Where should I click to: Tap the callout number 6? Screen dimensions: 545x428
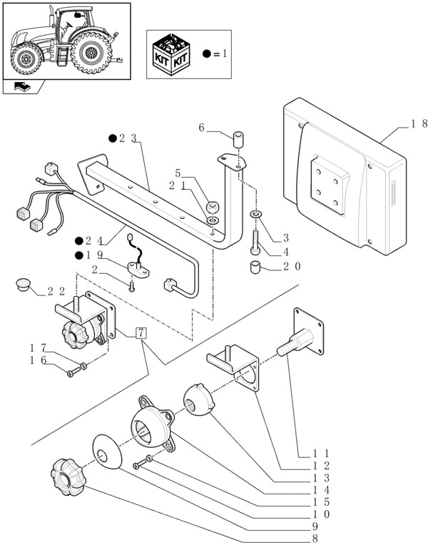(x=202, y=128)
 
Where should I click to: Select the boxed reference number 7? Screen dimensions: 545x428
(x=141, y=332)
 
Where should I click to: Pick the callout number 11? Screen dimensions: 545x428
(x=320, y=453)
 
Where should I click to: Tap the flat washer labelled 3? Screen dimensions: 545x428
(x=255, y=214)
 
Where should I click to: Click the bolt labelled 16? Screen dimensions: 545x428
(x=71, y=372)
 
